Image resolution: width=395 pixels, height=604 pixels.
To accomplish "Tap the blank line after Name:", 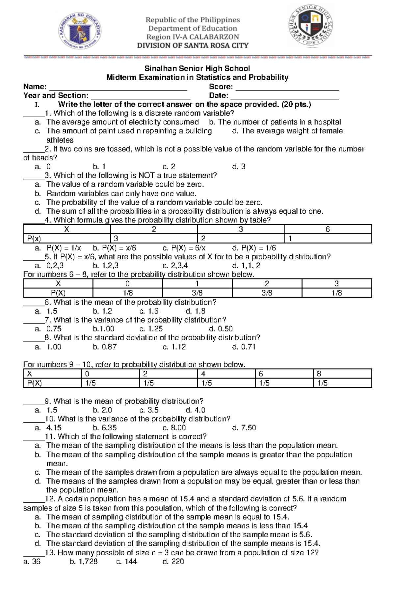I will [x=118, y=88].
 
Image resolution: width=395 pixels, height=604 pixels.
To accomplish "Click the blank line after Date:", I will [x=284, y=96].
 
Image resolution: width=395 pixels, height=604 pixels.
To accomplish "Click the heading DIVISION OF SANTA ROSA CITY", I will [x=193, y=46].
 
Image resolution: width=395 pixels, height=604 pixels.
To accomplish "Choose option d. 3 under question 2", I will [x=239, y=167].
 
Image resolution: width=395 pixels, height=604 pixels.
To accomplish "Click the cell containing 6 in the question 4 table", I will [x=328, y=229].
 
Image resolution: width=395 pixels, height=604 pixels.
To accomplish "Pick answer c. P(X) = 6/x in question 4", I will [x=184, y=248].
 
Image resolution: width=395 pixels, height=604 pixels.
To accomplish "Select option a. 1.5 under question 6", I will [x=46, y=311].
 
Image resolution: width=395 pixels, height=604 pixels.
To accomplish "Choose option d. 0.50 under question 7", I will [x=221, y=329].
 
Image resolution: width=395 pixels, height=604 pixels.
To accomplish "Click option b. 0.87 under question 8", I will [x=105, y=347].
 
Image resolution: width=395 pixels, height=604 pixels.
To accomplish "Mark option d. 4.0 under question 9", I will [x=196, y=410].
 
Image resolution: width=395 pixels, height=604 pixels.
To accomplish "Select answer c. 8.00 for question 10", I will [x=174, y=428].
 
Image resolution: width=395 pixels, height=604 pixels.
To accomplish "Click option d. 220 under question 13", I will [x=173, y=562].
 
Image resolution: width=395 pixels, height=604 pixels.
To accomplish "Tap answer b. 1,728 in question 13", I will [x=84, y=562].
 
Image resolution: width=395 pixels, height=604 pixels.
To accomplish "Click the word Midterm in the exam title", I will [x=121, y=78].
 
